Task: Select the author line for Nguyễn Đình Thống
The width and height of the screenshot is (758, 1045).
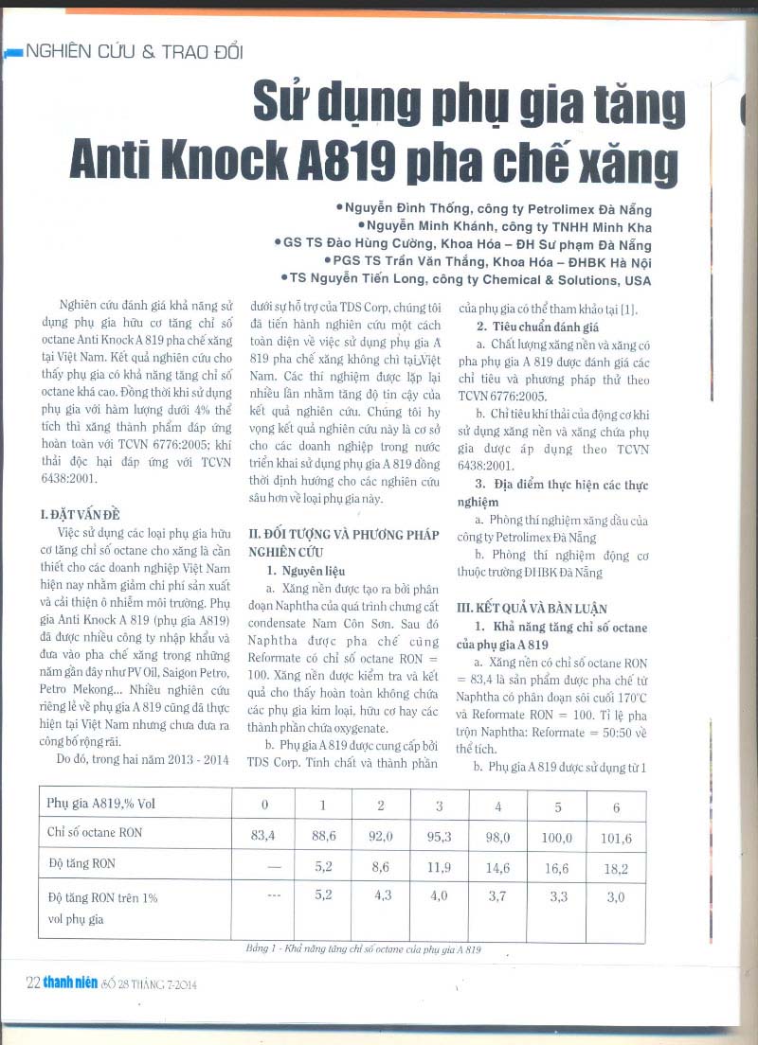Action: (494, 209)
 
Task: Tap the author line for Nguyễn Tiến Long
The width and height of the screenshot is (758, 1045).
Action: (466, 279)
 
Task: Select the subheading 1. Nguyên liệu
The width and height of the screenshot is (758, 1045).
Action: (306, 571)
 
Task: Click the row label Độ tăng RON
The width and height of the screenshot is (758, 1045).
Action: (81, 864)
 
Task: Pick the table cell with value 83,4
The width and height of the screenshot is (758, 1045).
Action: (264, 834)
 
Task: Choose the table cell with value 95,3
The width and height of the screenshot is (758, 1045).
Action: (440, 835)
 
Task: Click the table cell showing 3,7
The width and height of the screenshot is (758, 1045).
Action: (497, 896)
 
